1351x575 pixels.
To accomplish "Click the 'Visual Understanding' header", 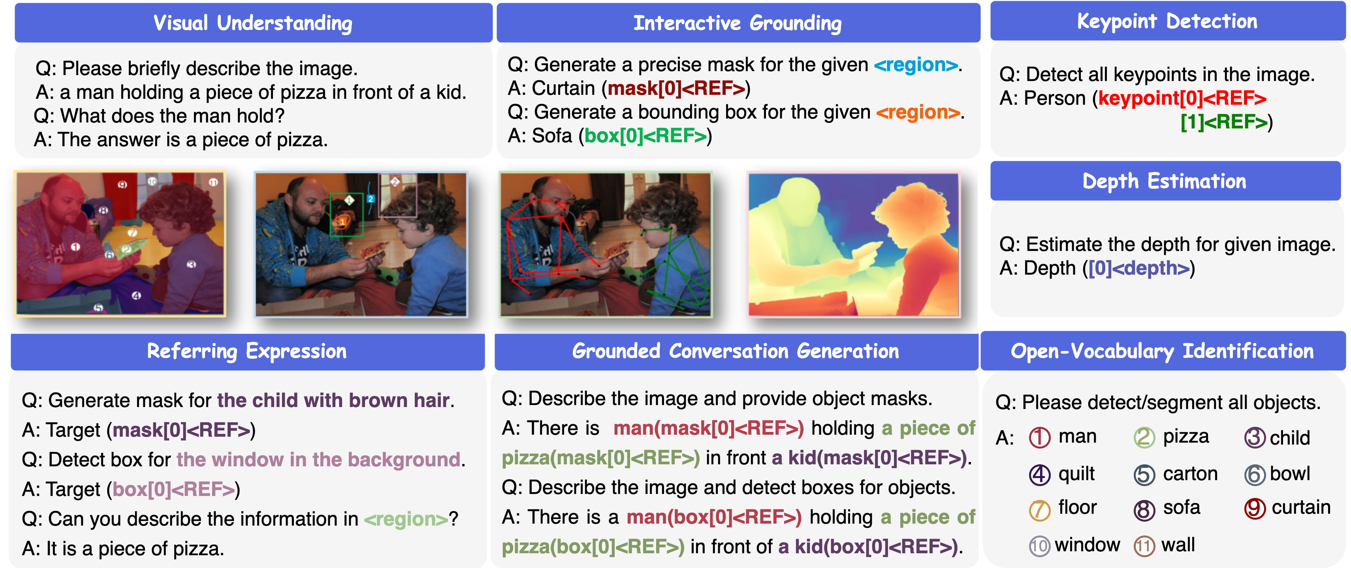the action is pos(253,23).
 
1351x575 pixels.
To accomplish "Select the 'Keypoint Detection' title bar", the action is pos(1167,21).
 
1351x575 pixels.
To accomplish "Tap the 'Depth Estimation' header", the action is pos(1165,181).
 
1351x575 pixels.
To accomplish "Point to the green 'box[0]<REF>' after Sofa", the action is pos(645,136).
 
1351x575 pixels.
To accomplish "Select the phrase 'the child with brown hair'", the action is pos(333,400).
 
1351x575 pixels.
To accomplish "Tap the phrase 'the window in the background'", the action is pos(318,460).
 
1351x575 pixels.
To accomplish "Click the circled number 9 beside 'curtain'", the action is pos(1255,508).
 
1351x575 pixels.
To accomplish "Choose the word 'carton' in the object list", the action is pos(1190,474).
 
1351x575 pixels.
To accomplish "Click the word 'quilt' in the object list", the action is pos(1076,474).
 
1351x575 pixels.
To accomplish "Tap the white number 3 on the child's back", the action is pos(191,265).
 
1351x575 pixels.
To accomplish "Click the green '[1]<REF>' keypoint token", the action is pos(1223,122).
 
